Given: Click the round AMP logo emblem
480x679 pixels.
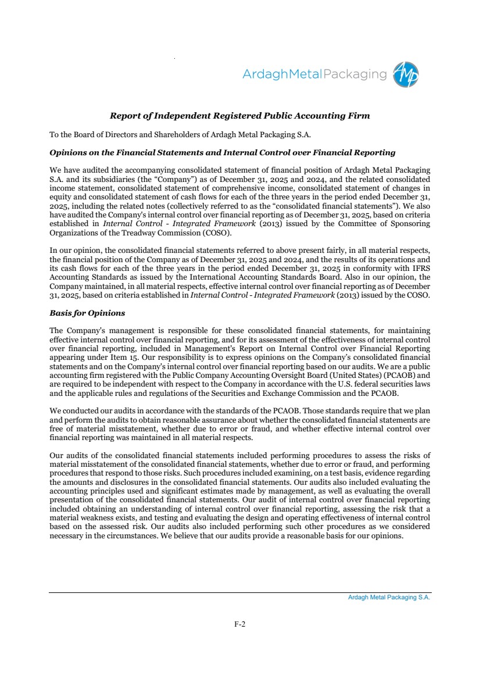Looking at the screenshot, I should tap(406, 74).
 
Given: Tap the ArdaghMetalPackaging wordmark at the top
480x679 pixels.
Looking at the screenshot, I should tap(314, 74).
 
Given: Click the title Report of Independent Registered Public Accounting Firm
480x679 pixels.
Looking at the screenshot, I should tap(240, 116).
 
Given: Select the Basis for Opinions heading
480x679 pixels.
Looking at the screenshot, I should tap(87, 313).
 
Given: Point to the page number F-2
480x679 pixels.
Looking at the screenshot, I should tap(240, 624).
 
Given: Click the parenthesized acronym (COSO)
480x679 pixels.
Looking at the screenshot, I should tap(215, 233).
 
